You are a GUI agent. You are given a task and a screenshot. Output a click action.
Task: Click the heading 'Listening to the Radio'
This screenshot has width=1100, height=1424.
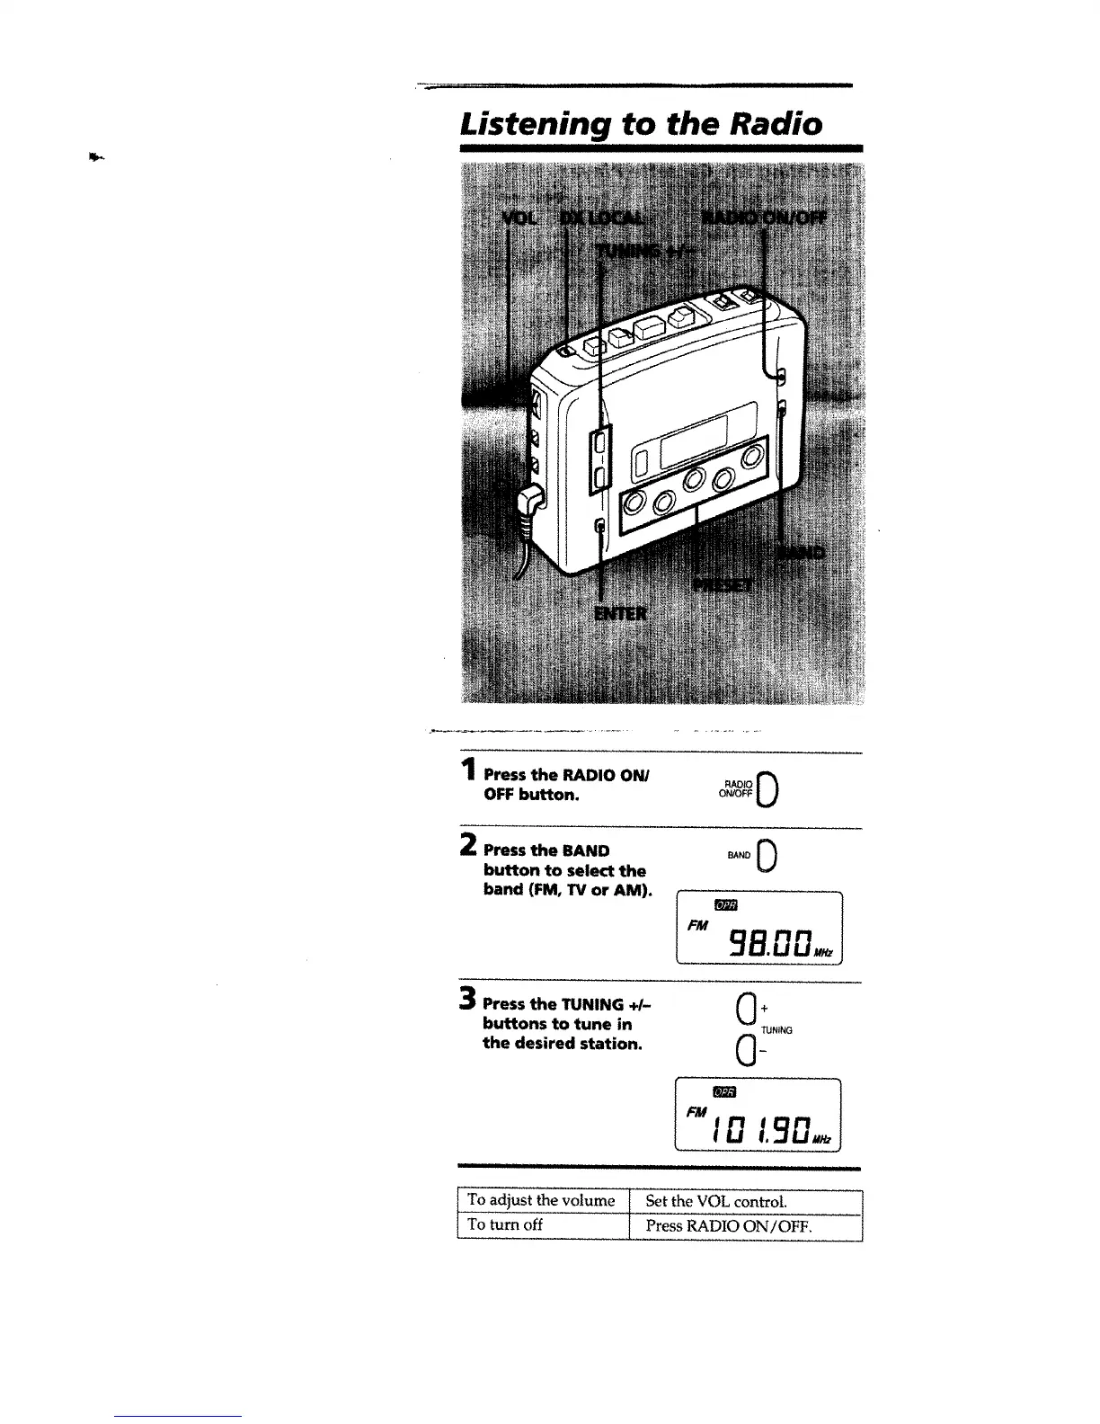click(x=641, y=122)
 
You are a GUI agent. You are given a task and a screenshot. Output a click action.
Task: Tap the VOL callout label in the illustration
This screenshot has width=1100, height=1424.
click(x=517, y=220)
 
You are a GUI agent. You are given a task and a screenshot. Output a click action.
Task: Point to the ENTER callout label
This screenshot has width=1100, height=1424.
click(x=621, y=613)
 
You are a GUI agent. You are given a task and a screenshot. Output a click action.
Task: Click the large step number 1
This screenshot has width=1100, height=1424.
click(x=467, y=770)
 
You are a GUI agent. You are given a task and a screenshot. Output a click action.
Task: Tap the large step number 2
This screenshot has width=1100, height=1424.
click(x=468, y=845)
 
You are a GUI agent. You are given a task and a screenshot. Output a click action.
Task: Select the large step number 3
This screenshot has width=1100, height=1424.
click(x=467, y=999)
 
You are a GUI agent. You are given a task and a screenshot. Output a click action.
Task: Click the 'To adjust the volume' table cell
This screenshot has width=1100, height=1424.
click(x=542, y=1201)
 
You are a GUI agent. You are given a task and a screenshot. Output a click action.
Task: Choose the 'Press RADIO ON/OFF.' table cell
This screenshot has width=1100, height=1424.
click(x=729, y=1225)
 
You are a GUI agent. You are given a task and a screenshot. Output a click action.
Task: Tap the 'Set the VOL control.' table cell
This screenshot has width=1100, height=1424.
click(x=716, y=1201)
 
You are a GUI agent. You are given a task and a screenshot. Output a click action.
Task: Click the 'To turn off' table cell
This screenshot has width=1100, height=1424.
click(x=505, y=1225)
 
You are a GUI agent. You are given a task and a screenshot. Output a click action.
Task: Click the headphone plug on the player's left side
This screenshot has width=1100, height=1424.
click(x=532, y=497)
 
